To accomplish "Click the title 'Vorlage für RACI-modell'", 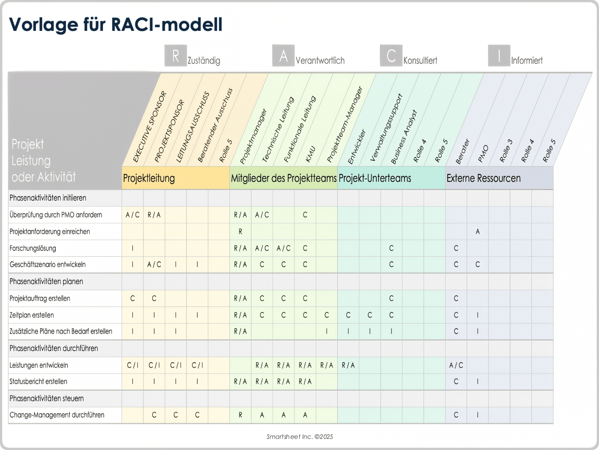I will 115,25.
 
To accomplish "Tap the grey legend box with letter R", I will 176,56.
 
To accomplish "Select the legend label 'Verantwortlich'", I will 320,60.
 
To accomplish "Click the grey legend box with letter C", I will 391,56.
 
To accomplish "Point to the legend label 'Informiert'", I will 527,60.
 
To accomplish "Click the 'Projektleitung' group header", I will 149,178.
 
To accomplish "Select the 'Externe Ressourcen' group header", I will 483,178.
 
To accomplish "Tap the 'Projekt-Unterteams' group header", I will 375,178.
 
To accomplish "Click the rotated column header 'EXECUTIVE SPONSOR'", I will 150,127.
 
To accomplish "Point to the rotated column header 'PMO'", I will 483,153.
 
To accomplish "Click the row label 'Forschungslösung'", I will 33,248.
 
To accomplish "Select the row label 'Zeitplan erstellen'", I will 32,315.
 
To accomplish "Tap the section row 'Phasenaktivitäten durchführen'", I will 54,348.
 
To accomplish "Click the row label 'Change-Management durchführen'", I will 57,415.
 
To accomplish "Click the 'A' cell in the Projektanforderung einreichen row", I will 477,232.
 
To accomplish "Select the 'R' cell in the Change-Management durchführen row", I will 240,415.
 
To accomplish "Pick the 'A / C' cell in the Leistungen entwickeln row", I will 456,365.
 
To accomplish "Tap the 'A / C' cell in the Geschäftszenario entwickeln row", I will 154,265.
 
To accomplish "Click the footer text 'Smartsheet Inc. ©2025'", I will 299,437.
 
